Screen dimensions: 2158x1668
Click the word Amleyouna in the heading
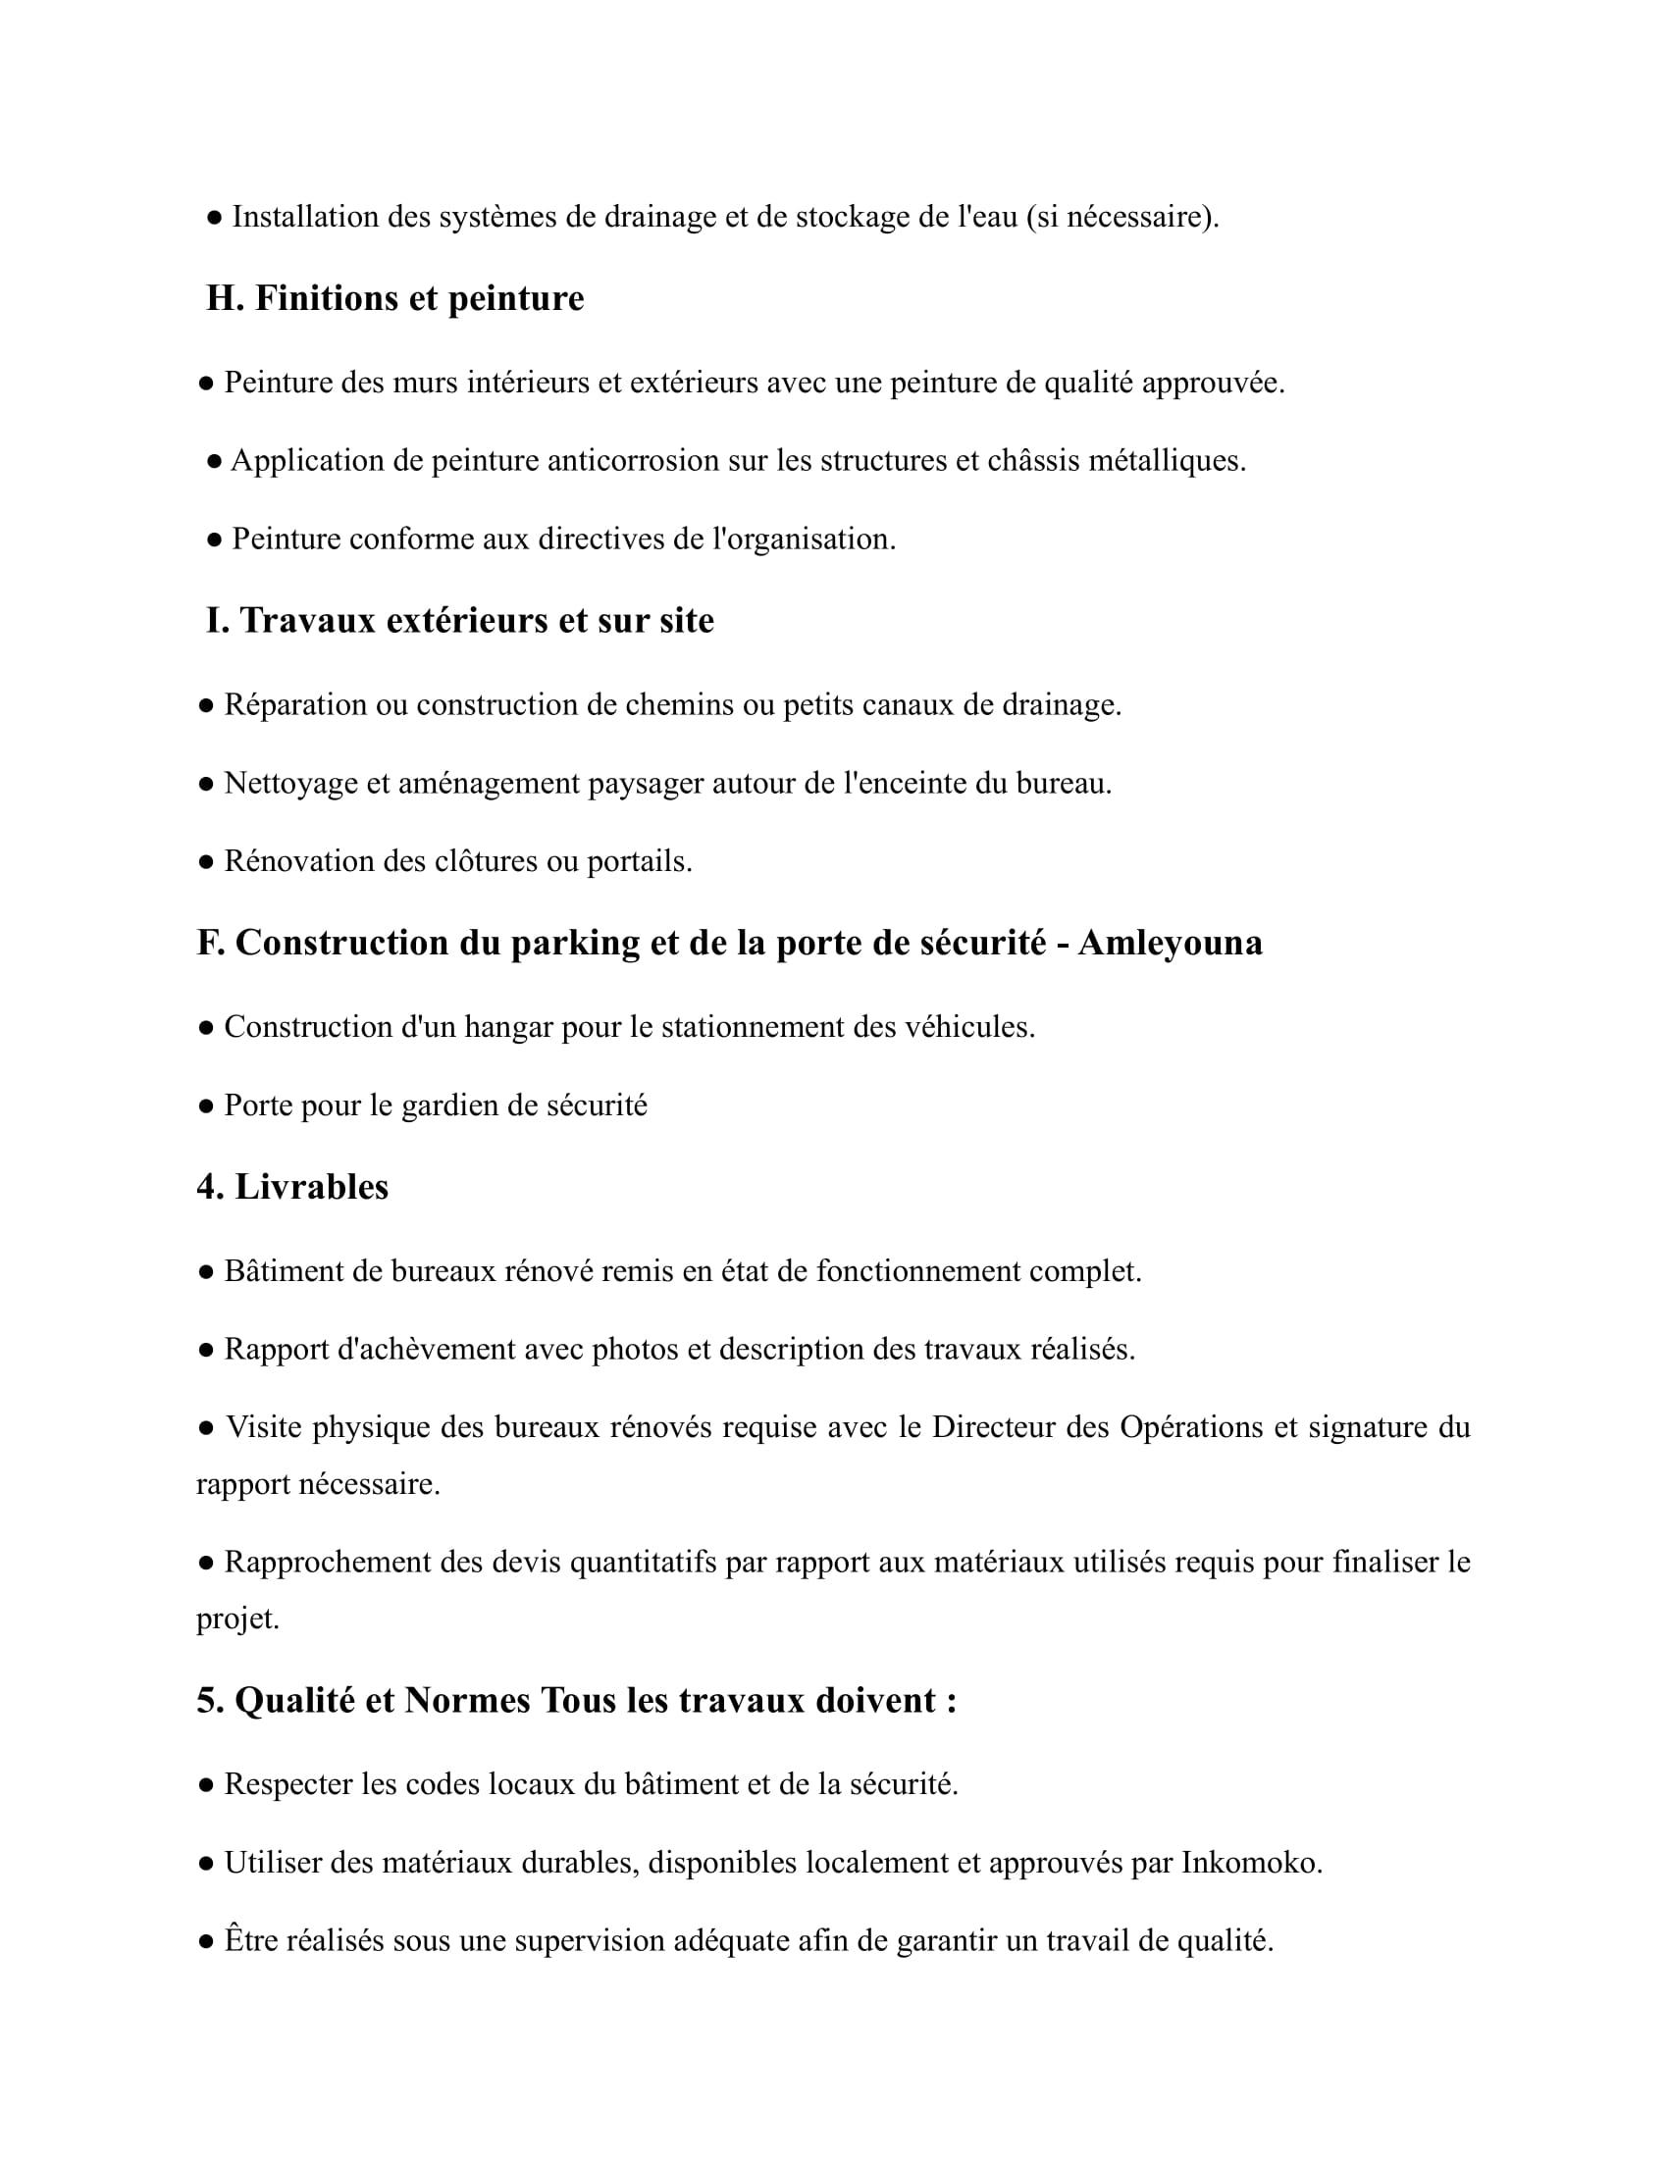[1170, 944]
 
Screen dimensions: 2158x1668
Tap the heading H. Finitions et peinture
[394, 298]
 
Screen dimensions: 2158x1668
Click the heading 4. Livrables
[292, 1187]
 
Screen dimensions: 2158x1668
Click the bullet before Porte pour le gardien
[205, 1106]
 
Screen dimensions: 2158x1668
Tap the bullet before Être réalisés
[205, 1942]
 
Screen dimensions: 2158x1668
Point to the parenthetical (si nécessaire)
[1122, 218]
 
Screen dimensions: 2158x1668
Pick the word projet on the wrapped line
[237, 1619]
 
